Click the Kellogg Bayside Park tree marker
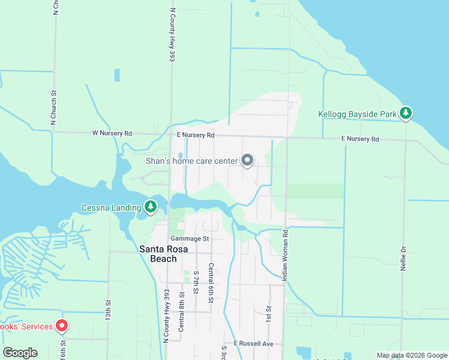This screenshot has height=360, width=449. click(x=406, y=113)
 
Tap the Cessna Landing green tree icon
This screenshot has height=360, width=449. click(x=151, y=208)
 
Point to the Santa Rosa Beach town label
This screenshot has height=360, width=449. click(x=158, y=254)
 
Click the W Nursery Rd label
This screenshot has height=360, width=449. click(x=112, y=133)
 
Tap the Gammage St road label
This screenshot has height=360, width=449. click(x=188, y=238)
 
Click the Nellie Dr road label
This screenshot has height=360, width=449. click(x=403, y=257)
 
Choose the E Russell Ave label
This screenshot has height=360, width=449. click(x=253, y=344)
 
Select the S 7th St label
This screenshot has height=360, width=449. click(x=196, y=281)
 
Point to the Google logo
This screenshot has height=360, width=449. click(x=20, y=353)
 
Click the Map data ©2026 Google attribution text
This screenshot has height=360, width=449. click(x=412, y=355)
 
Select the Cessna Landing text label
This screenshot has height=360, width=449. click(x=111, y=208)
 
